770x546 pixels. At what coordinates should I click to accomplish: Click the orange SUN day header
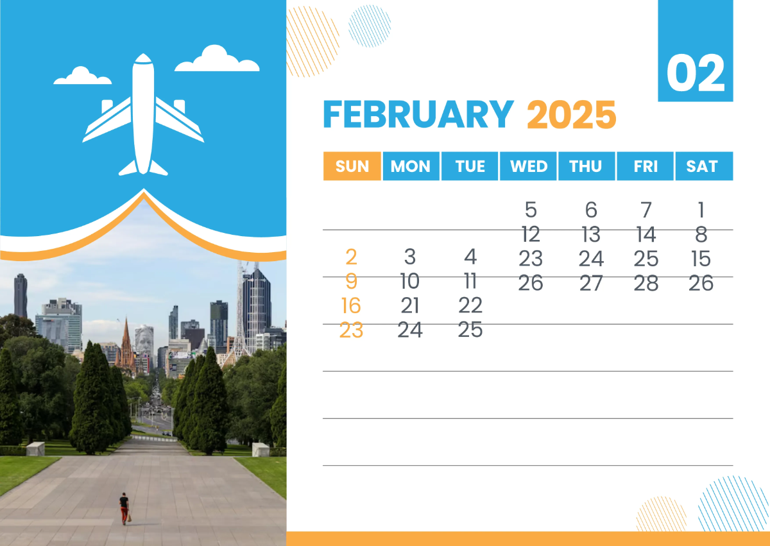352,166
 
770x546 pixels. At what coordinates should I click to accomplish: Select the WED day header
529,166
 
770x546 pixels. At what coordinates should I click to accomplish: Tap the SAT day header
702,166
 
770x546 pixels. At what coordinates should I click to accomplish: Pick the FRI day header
646,166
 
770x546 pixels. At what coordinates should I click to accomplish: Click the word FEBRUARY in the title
418,115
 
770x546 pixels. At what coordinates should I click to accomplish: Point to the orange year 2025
571,115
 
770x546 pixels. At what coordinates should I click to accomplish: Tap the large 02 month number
696,74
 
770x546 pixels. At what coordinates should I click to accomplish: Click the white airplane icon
143,115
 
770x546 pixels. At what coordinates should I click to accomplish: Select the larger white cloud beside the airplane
217,60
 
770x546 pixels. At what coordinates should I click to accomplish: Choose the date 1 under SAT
701,210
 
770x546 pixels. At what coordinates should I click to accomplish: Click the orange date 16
351,305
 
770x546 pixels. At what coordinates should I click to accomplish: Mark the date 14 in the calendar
646,234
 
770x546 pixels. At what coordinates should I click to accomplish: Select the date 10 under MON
409,281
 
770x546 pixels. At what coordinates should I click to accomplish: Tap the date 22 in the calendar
470,305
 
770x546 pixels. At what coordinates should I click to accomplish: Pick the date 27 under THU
590,283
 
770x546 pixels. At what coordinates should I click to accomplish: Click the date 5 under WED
530,210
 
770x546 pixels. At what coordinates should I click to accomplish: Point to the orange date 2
351,257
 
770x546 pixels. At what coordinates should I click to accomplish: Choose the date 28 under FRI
646,283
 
